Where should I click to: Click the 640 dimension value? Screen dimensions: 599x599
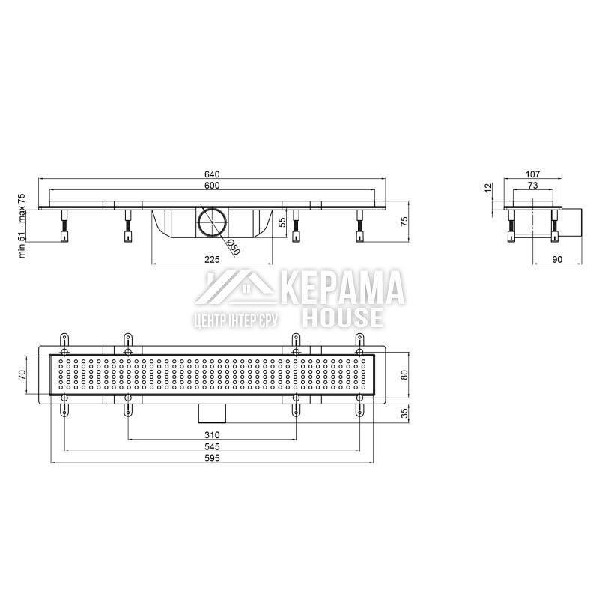212,174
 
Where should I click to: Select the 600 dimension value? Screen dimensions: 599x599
212,186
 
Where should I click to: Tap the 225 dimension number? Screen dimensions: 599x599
212,260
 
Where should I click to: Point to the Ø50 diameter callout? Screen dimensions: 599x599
233,247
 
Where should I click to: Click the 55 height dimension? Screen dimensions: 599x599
282,222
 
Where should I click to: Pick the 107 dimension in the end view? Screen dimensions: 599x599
532,174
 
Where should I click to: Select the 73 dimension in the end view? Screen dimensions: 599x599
532,185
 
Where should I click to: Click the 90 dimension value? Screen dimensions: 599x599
557,259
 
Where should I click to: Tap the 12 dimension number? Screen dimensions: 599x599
488,188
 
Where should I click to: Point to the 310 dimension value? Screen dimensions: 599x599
212,435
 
